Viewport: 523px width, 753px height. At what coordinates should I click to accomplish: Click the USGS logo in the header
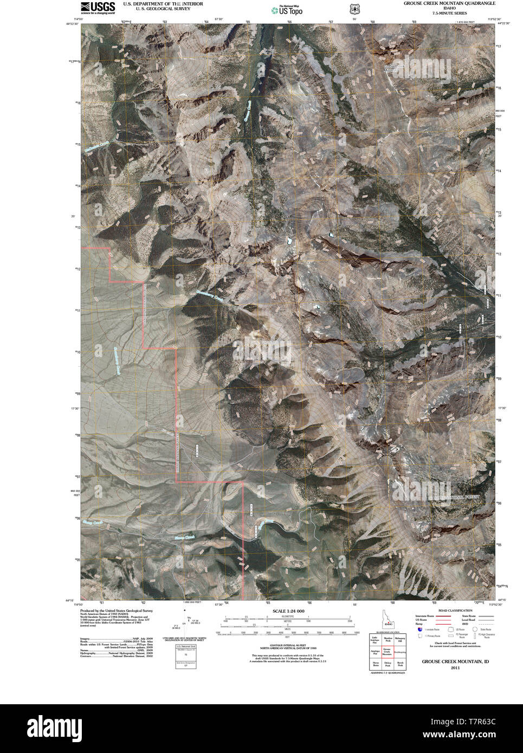(98, 8)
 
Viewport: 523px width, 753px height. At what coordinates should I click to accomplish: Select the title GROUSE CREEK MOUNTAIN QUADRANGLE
(449, 3)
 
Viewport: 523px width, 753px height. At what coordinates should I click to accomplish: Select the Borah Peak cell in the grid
(401, 664)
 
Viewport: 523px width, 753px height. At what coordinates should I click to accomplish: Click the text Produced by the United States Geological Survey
(115, 611)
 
